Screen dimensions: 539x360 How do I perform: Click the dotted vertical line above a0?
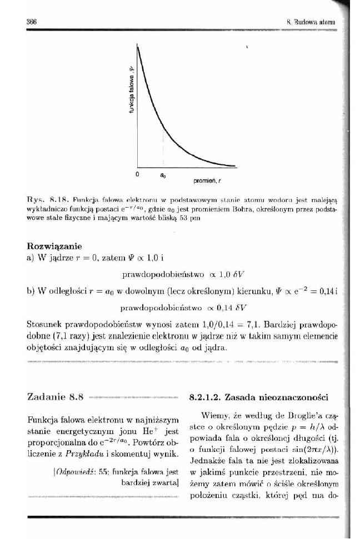(x=162, y=150)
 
